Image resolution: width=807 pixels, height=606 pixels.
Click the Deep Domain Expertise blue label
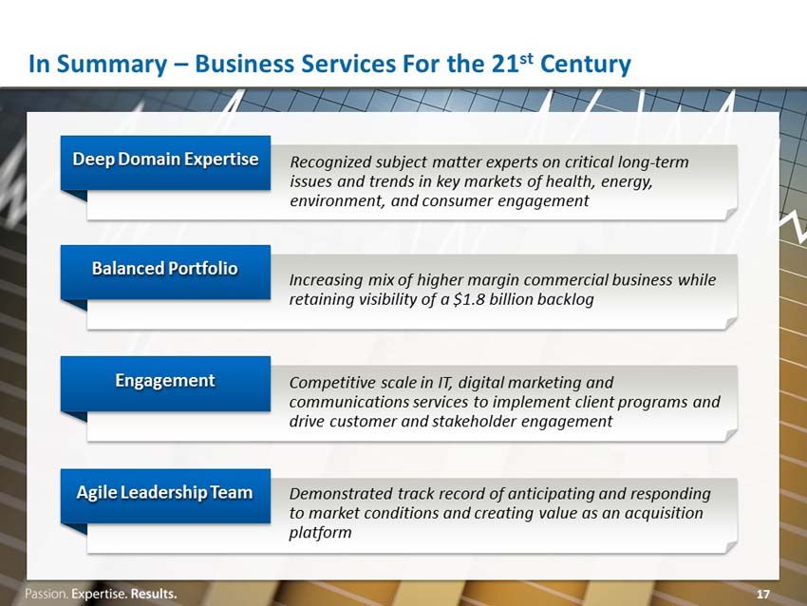(x=165, y=162)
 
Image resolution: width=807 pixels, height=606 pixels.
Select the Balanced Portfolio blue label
(x=165, y=272)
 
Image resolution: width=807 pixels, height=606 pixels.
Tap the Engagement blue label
(x=165, y=384)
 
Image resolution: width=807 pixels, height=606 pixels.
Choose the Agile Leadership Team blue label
(x=165, y=496)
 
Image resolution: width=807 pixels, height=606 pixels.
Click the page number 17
(x=762, y=595)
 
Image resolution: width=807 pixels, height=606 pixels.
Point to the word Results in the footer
(x=154, y=594)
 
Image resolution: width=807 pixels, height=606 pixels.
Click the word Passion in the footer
(x=47, y=594)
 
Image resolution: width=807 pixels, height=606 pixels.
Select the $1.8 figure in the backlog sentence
(x=468, y=299)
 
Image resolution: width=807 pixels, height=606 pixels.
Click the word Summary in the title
(x=112, y=65)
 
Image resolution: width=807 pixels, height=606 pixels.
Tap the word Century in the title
(x=586, y=65)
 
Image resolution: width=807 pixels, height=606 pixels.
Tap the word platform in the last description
(x=320, y=532)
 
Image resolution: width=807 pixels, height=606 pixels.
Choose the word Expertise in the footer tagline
(x=99, y=595)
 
